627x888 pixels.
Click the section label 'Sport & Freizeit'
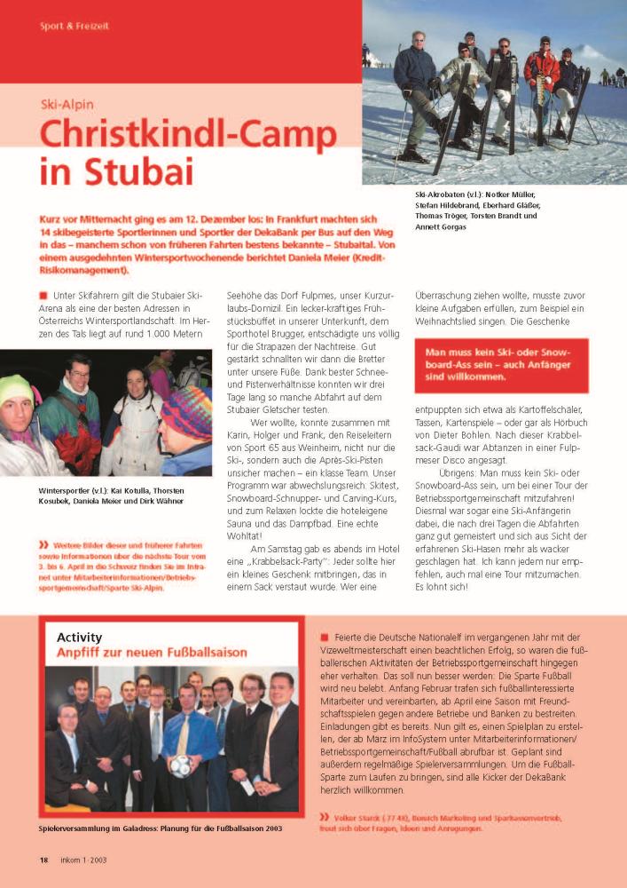[74, 27]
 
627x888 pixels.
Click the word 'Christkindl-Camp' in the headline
[188, 134]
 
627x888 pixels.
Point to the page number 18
[43, 860]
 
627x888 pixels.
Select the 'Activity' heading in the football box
[79, 637]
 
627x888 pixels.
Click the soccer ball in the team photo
[182, 765]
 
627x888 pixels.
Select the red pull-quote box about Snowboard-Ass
[501, 364]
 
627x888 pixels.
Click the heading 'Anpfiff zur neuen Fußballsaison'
[152, 653]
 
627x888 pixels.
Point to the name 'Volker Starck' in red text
[360, 817]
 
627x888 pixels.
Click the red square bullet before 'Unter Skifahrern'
[43, 296]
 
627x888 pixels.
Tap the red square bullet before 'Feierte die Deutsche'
[325, 638]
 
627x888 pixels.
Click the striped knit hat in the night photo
[185, 413]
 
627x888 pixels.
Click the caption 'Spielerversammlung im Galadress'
[160, 829]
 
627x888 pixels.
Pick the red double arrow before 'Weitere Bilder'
[43, 543]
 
